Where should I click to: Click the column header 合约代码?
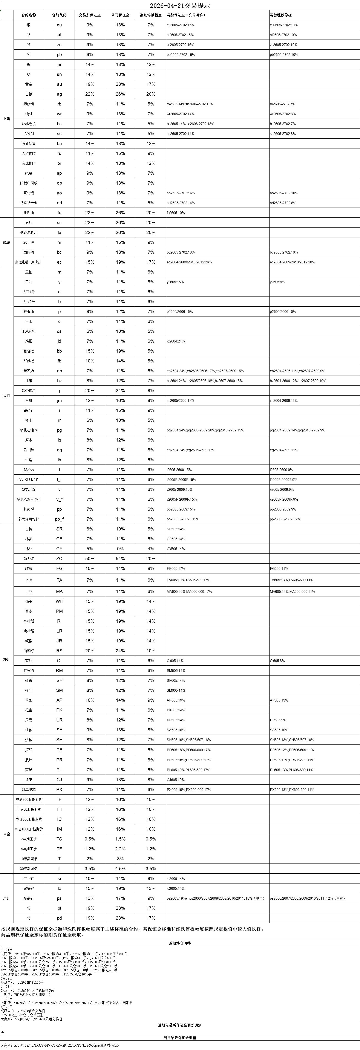(59, 15)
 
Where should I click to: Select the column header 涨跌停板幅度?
(151, 15)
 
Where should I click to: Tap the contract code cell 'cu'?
(59, 25)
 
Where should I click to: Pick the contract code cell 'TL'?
(59, 869)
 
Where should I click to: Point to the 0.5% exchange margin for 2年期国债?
(90, 839)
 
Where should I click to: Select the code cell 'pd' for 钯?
(59, 918)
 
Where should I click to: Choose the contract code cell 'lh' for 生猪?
(59, 460)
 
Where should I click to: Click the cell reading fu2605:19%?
(176, 213)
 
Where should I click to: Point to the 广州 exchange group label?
(6, 898)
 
